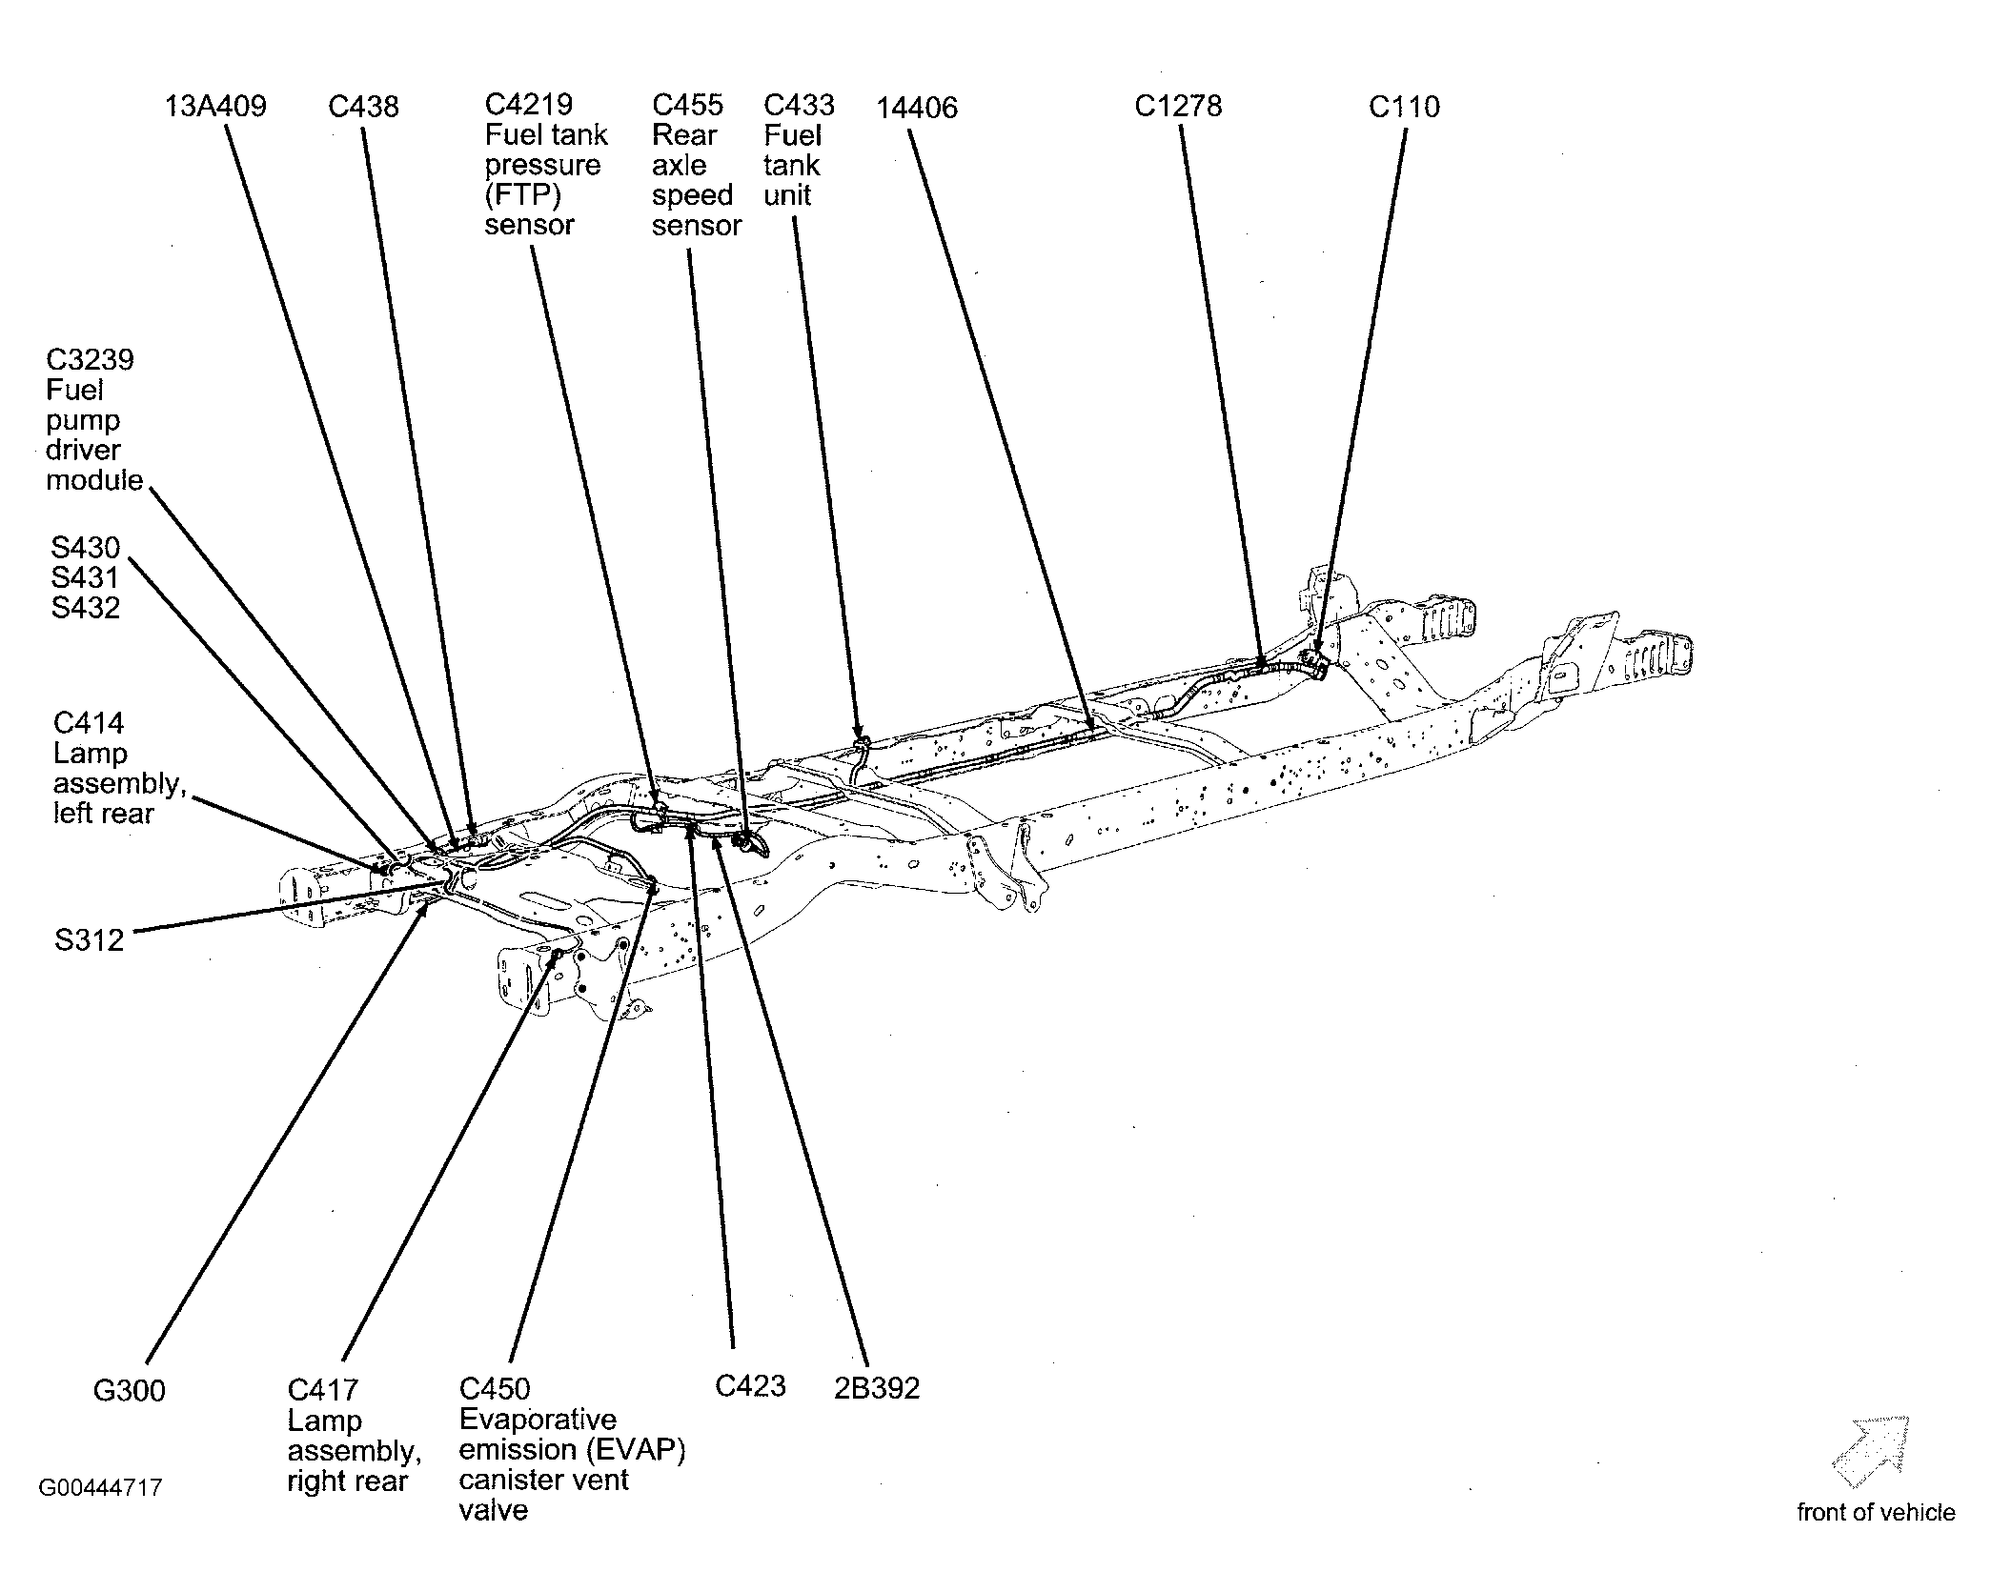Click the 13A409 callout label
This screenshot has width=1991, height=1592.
tap(215, 106)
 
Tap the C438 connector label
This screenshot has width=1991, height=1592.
tap(363, 106)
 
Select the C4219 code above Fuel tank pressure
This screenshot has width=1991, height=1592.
tap(529, 105)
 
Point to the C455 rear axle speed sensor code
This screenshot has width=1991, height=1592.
tap(687, 105)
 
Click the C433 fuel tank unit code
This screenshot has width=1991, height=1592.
tap(799, 105)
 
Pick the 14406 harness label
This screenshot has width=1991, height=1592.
tap(917, 108)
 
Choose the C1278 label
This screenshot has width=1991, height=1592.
tap(1178, 105)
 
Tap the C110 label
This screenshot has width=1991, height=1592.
tap(1404, 106)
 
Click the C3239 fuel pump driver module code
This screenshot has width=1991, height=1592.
tap(91, 360)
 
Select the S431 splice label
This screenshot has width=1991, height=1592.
tap(85, 577)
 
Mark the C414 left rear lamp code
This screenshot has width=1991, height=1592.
tap(89, 723)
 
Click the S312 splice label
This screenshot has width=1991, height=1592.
tap(89, 940)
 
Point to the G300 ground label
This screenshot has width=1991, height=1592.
tap(130, 1391)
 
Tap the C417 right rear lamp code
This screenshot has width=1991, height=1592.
tap(323, 1391)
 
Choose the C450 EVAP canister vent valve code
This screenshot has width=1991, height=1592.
tap(495, 1389)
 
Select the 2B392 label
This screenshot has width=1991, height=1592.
tap(877, 1388)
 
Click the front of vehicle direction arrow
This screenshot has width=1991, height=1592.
tap(1871, 1452)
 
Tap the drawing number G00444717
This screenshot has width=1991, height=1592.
tap(100, 1487)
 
